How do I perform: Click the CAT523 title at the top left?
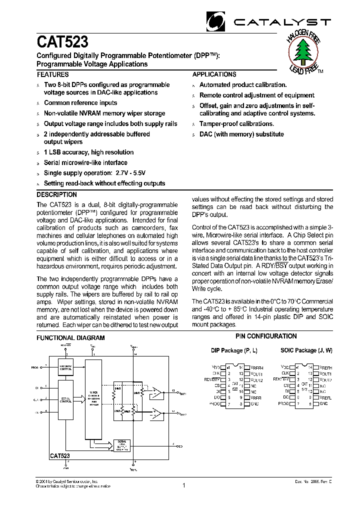point(62,41)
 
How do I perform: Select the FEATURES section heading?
point(52,74)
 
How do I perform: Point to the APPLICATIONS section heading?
point(214,74)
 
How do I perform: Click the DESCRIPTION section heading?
point(56,194)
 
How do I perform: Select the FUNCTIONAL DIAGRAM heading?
point(70,338)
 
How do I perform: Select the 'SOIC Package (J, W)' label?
point(306,351)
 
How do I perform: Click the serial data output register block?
point(121,445)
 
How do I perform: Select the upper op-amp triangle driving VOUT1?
point(157,391)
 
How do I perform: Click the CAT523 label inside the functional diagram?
point(59,456)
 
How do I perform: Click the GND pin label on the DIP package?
point(254,403)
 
